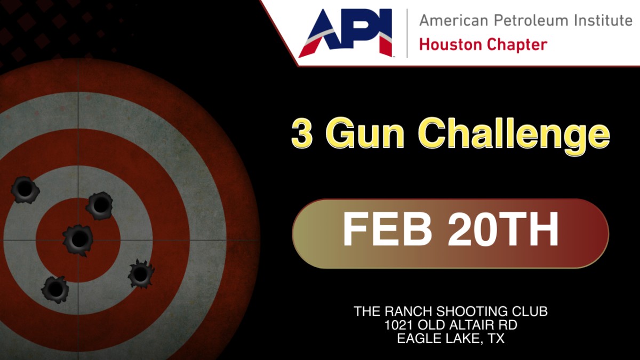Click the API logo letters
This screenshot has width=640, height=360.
345,33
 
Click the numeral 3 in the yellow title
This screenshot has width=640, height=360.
302,133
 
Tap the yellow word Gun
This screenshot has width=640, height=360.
364,133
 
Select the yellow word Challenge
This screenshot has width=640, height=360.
514,137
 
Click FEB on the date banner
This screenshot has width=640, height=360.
387,229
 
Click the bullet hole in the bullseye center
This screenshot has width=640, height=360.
78,240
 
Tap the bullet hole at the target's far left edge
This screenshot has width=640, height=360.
25,190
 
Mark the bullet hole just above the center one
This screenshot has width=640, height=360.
99,205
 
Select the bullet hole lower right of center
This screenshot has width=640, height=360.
141,274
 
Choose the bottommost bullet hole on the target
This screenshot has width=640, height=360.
55,289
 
